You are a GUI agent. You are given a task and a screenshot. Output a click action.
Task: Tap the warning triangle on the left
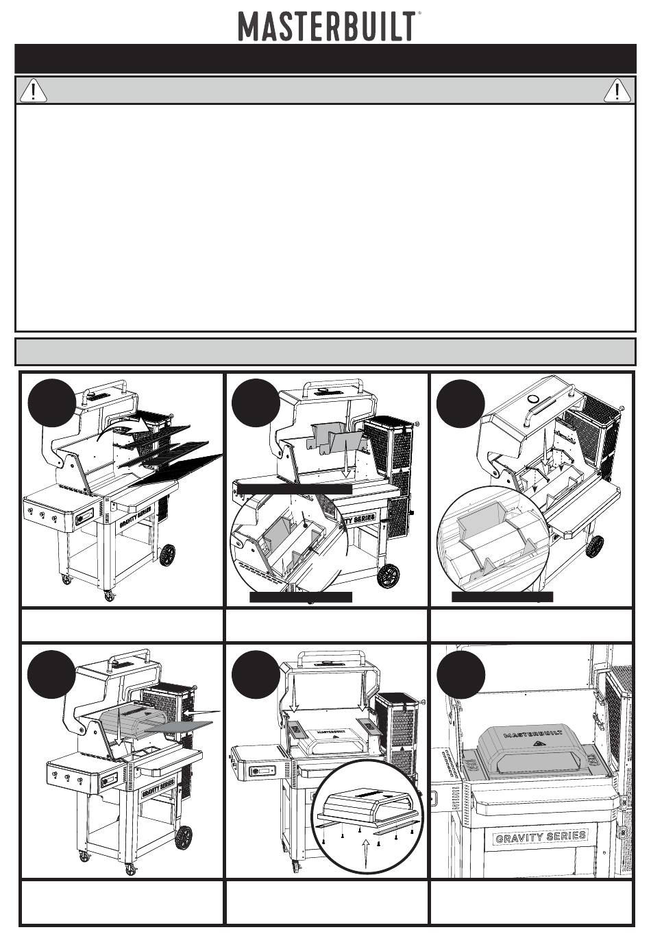[34, 91]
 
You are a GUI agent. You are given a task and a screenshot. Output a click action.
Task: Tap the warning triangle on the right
[617, 91]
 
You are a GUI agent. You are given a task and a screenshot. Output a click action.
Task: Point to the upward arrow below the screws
[367, 853]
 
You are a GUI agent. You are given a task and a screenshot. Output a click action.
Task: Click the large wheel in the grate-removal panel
[167, 555]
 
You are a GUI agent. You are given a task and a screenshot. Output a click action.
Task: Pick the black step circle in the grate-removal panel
[52, 403]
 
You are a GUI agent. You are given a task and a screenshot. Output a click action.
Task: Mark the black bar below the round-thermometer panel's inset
[502, 597]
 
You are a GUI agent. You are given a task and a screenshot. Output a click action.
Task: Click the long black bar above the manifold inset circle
[295, 488]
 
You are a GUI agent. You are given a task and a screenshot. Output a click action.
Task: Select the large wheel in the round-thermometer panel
[595, 546]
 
